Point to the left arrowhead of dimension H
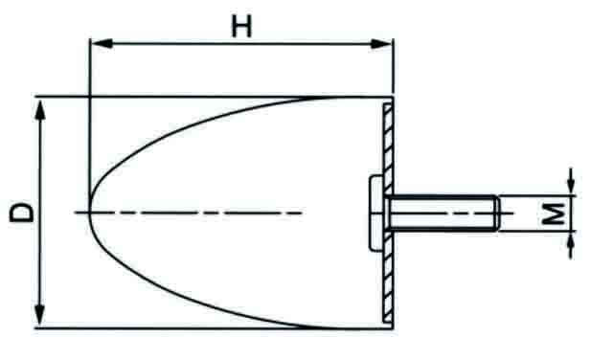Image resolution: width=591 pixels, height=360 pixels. click(x=96, y=42)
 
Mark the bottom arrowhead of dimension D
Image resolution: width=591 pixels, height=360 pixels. click(x=40, y=318)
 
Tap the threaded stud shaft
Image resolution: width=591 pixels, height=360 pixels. click(x=441, y=212)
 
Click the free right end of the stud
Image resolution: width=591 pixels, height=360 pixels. click(x=497, y=212)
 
